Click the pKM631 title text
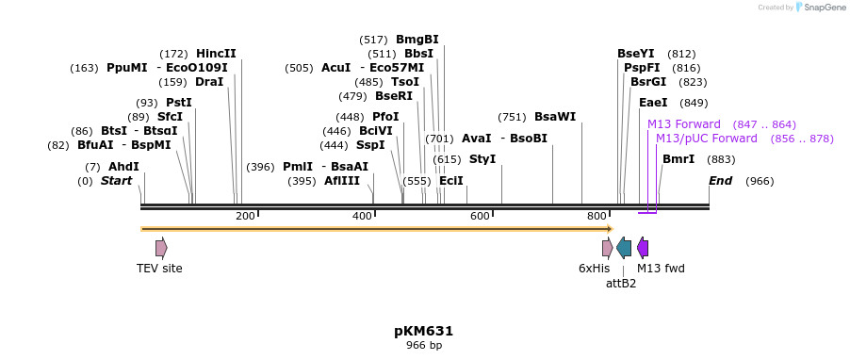[424, 331]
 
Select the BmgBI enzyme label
[417, 40]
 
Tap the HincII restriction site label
[216, 54]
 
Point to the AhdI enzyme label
[123, 167]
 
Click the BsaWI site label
[555, 117]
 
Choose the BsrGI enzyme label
[648, 82]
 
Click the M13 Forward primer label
[683, 124]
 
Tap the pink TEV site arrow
[161, 248]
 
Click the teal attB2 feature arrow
[624, 248]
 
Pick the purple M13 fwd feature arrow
[643, 248]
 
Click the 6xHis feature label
[594, 269]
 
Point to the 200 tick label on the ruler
[245, 217]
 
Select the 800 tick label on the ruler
[597, 217]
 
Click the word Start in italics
[116, 181]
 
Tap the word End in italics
[720, 181]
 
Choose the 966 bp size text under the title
[424, 346]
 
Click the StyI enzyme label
[482, 159]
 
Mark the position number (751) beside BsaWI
[512, 117]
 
